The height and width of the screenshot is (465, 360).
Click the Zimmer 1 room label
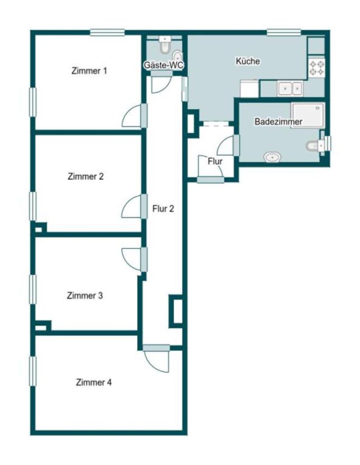89,71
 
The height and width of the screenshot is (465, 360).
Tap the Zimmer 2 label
85,176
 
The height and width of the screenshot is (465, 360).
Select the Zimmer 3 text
85,296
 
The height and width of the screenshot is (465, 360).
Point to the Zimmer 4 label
94,382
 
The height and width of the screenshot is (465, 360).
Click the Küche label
248,61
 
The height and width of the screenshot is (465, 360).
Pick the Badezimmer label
278,122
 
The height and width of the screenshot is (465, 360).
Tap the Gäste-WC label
164,65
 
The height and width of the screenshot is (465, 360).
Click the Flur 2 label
163,209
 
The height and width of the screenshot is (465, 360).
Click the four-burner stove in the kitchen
317,68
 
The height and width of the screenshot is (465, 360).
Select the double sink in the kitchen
290,89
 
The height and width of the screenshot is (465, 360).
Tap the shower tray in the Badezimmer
308,115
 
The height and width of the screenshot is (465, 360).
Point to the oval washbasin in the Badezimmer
273,157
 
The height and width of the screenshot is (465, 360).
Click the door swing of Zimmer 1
131,116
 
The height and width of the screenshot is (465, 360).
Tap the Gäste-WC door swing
161,85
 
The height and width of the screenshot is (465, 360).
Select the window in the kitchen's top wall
284,32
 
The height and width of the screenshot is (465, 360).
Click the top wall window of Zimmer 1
107,32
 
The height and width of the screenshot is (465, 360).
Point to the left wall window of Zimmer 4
33,371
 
